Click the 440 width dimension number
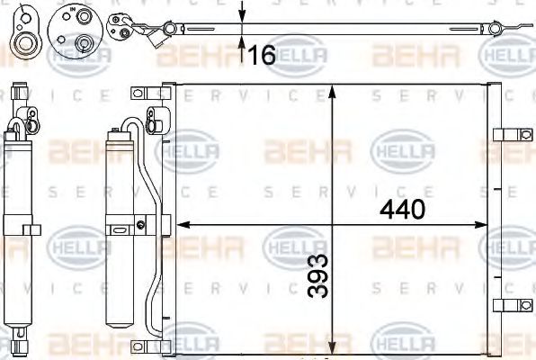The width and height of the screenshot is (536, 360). (401, 210)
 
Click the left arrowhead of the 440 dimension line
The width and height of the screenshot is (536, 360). (179, 224)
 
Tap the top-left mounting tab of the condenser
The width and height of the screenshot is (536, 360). (139, 93)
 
